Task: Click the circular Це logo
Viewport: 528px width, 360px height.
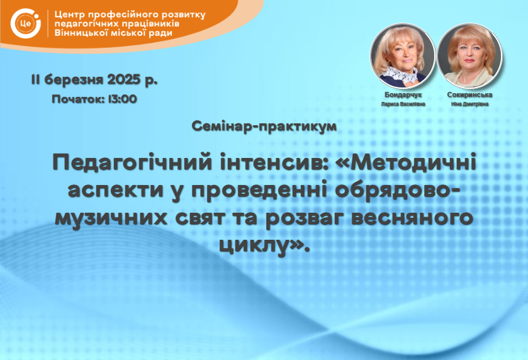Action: (x=26, y=23)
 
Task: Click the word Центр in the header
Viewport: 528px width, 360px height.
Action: (x=70, y=15)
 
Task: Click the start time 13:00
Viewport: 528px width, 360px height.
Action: (x=123, y=99)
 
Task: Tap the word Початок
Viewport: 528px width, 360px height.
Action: (x=78, y=99)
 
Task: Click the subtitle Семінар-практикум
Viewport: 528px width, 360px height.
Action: (x=264, y=127)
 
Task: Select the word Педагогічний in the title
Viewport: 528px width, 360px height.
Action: (x=132, y=162)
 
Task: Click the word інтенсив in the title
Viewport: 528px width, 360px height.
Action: (x=272, y=162)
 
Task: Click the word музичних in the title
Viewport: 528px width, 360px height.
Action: (x=111, y=218)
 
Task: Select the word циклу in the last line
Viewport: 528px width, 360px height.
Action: (x=252, y=245)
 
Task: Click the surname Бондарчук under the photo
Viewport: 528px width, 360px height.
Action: (x=403, y=95)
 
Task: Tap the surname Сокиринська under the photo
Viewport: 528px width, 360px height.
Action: (x=469, y=95)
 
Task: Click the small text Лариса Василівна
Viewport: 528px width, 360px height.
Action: (x=403, y=104)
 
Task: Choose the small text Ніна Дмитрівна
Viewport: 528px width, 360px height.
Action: (x=469, y=104)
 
